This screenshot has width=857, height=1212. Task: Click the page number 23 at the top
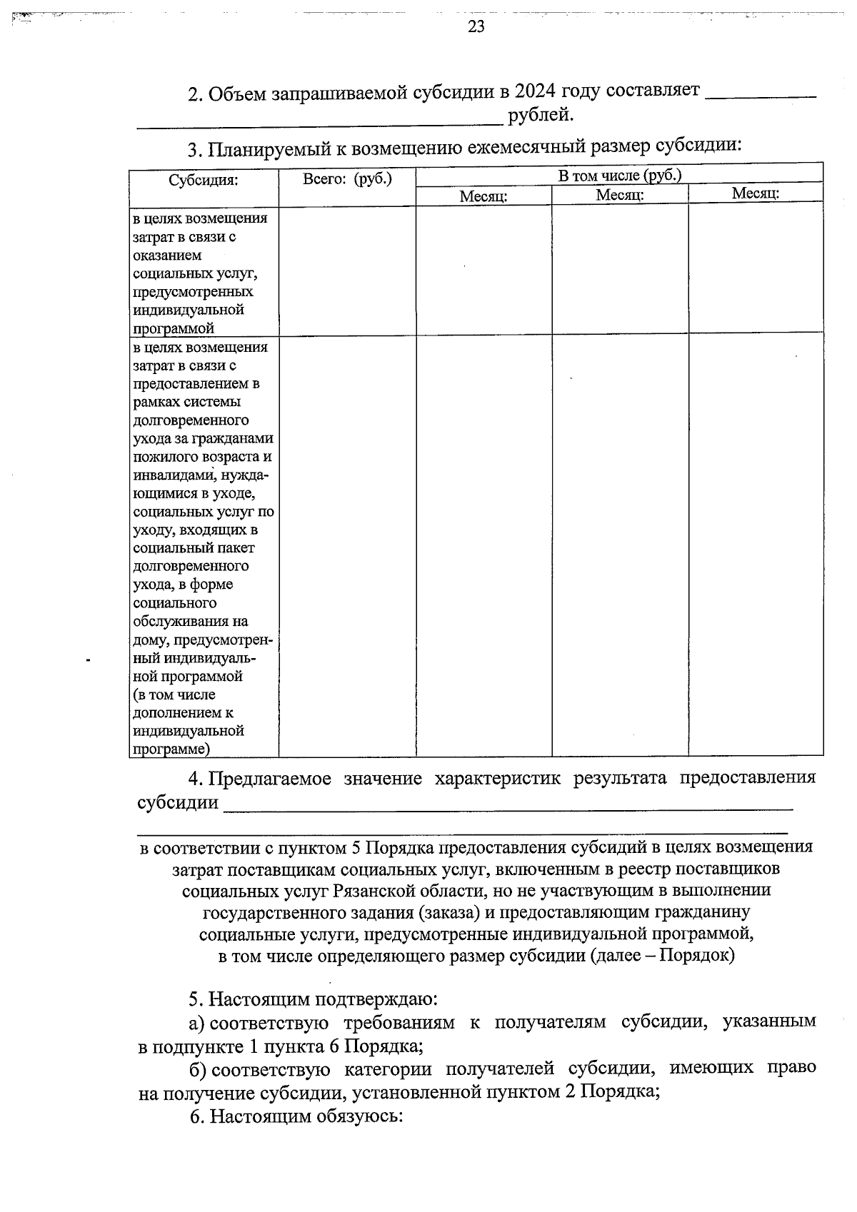(x=476, y=26)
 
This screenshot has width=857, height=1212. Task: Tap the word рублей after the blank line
(x=541, y=115)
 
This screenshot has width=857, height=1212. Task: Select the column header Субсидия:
(x=204, y=180)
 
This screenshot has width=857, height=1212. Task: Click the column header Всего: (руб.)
(x=347, y=178)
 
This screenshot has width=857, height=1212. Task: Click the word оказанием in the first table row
(x=167, y=256)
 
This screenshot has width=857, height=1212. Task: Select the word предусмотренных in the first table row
(x=193, y=292)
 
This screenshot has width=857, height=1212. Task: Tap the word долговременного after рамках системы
(x=191, y=420)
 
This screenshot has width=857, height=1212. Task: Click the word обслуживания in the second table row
(x=191, y=621)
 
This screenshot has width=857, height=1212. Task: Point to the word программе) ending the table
(x=171, y=749)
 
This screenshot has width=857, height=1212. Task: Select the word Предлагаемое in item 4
(x=270, y=779)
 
